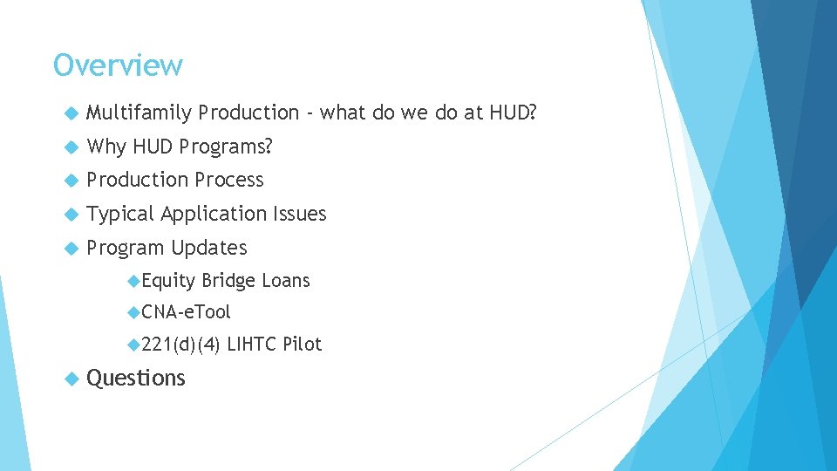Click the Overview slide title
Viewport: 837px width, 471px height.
(x=118, y=65)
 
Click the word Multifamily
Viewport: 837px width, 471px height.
(x=139, y=113)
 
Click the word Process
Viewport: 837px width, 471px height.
(x=228, y=180)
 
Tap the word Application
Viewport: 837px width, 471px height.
(x=214, y=214)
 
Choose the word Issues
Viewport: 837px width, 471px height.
(x=300, y=214)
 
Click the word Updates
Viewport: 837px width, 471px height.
(x=209, y=248)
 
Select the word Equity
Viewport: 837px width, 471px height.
(x=168, y=281)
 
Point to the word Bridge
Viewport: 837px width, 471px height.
(x=228, y=281)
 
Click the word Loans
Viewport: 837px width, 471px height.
(x=286, y=281)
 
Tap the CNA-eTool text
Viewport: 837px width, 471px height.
(x=186, y=311)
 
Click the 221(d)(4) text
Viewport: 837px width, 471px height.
(x=180, y=345)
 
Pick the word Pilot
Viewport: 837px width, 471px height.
(x=303, y=345)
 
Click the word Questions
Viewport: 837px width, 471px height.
(x=136, y=378)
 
